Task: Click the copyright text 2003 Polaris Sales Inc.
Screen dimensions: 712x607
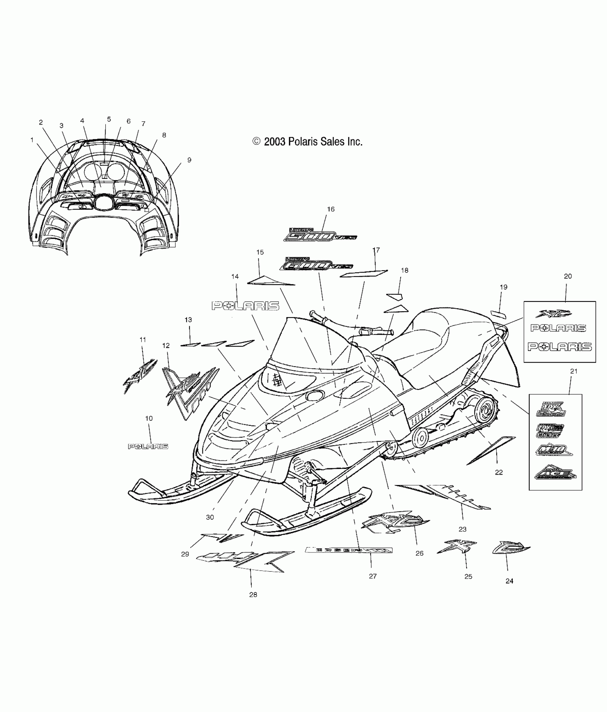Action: pos(307,142)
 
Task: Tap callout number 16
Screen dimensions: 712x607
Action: pos(331,209)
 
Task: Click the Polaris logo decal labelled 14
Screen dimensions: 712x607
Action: pos(245,305)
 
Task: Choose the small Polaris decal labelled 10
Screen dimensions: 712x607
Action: pos(148,446)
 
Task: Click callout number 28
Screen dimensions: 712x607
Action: pos(253,595)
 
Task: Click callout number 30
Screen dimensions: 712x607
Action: pos(210,517)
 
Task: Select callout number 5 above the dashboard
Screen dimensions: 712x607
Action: pos(109,120)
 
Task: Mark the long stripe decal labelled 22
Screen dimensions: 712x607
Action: pos(491,450)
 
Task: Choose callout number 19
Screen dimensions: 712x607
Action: pos(503,287)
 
